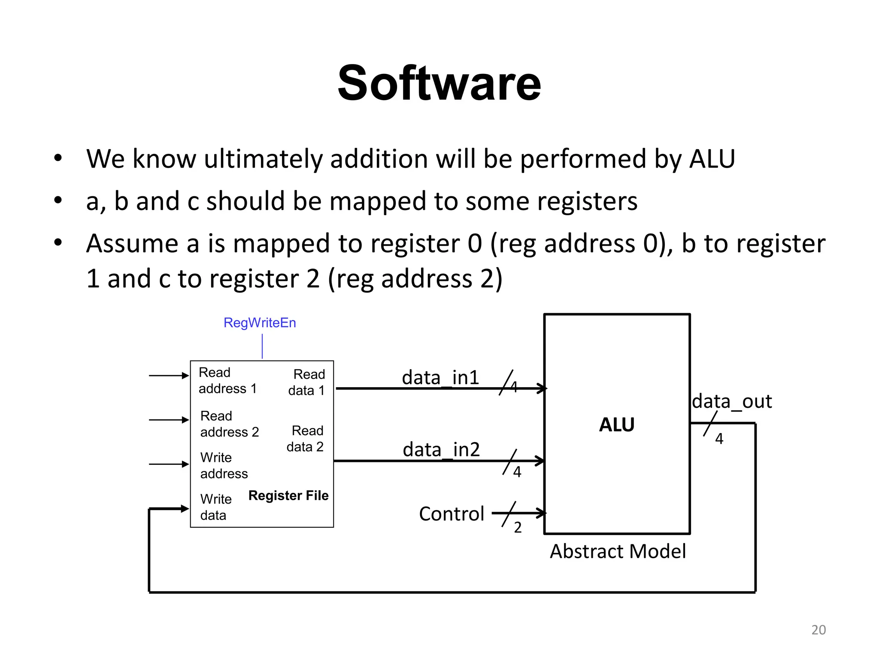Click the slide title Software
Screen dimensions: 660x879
439,83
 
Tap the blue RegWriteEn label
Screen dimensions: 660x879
260,323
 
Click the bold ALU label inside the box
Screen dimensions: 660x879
616,425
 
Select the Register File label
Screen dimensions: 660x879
288,495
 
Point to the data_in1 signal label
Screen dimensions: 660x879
440,378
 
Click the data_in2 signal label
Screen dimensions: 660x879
441,450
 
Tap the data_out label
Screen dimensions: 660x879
732,401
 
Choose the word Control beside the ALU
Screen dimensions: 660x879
452,514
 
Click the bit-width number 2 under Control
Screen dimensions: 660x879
518,528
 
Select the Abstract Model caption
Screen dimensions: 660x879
618,551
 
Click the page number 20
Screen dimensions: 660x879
818,629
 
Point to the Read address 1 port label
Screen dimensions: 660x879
227,381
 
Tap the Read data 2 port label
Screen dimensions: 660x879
305,439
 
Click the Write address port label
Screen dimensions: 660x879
224,465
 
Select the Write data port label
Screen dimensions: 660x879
215,507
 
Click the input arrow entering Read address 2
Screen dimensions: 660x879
169,420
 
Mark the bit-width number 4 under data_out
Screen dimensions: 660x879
719,439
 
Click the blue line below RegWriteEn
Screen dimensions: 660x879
262,347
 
